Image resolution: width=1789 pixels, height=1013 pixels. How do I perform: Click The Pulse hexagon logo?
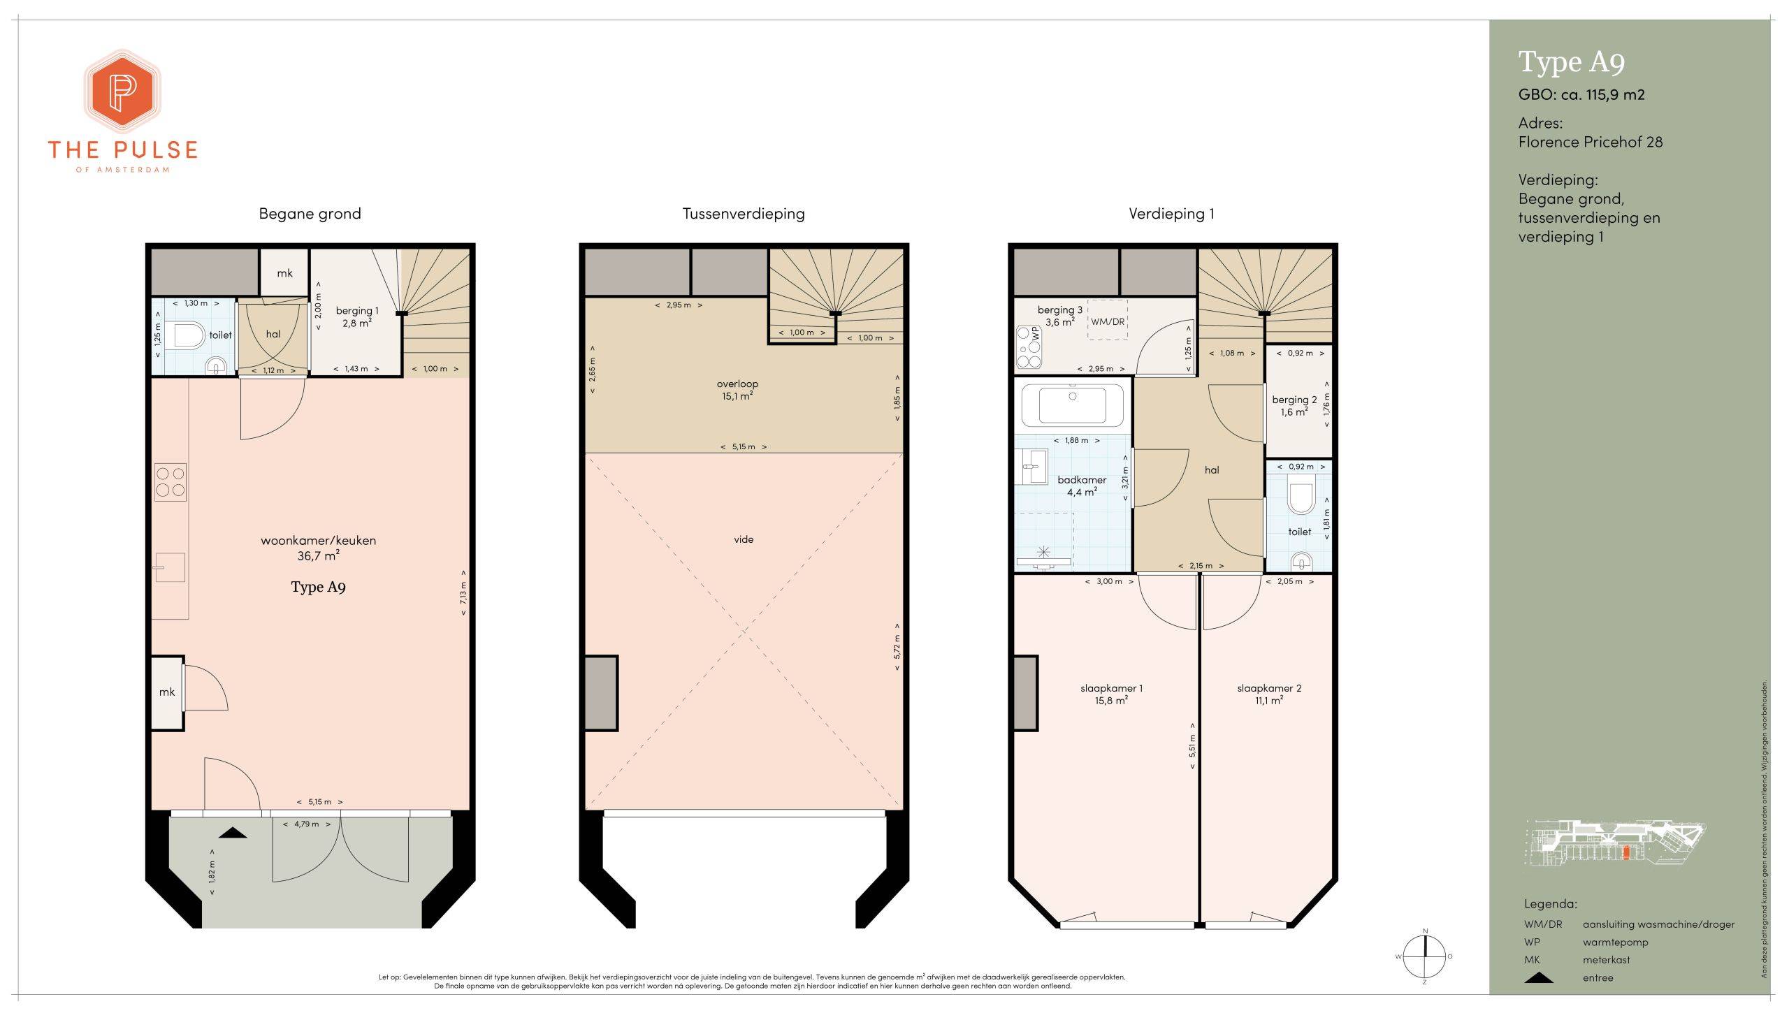(122, 92)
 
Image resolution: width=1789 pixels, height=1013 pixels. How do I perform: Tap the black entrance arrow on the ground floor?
(233, 832)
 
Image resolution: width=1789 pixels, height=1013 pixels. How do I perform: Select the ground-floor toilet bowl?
(187, 335)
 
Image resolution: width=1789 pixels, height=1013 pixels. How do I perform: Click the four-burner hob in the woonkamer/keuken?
(171, 481)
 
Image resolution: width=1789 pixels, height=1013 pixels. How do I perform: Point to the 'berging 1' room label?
(357, 311)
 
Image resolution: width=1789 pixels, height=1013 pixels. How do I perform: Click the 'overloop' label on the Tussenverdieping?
(737, 384)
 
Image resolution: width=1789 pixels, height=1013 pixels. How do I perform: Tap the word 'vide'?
(744, 539)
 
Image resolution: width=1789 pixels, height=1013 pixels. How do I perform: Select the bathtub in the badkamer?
(1073, 405)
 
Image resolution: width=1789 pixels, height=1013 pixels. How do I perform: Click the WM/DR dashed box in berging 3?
(1108, 320)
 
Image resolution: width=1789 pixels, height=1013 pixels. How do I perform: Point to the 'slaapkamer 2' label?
(1269, 688)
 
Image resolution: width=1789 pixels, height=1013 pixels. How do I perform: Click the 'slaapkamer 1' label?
(1111, 688)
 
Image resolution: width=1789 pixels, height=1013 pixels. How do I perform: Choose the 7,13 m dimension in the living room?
(463, 594)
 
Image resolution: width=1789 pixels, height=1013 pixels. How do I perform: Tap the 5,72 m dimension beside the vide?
(897, 647)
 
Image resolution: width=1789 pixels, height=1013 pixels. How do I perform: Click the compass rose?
(1424, 956)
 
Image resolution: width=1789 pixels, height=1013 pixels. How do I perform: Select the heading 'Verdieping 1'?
(1171, 214)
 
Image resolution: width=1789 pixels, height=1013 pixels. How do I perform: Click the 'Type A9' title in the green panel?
(1572, 62)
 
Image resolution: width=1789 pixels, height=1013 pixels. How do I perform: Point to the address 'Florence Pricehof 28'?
(1591, 142)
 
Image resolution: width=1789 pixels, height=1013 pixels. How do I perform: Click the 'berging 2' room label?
(1294, 400)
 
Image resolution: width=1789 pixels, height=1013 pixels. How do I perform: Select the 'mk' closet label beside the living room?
(167, 692)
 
